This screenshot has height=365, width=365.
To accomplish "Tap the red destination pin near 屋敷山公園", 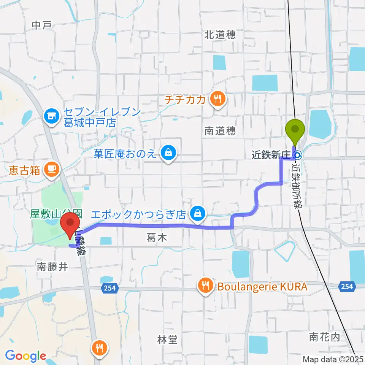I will (x=70, y=225).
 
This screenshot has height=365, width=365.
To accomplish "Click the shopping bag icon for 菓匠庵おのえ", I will (x=167, y=153).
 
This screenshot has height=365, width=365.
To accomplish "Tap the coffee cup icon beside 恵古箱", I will (x=51, y=169).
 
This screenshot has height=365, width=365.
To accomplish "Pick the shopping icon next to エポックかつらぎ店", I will (x=198, y=213).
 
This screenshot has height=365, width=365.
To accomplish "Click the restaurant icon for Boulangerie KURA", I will (x=205, y=286).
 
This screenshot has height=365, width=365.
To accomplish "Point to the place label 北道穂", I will (x=220, y=35).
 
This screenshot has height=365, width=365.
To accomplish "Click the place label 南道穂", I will (x=220, y=131).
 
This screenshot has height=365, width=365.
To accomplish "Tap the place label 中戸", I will (x=41, y=25).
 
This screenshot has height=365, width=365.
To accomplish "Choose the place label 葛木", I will (x=157, y=238).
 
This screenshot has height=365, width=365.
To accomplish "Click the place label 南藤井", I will (x=52, y=267).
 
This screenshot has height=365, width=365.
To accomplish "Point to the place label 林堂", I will (x=167, y=339).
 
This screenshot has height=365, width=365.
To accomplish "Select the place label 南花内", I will (x=324, y=336).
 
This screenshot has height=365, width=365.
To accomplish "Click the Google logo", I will (x=25, y=356).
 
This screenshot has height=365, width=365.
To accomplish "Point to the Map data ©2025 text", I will (x=333, y=359).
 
